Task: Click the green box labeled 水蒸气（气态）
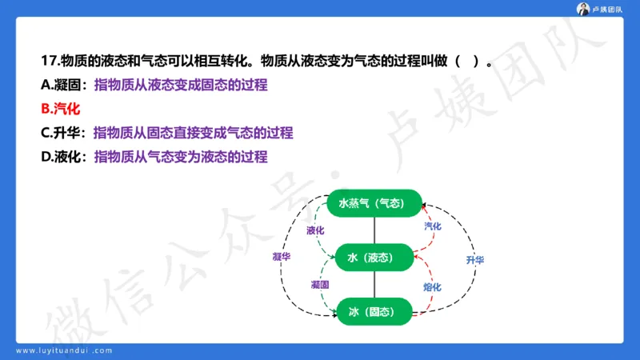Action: pos(374,204)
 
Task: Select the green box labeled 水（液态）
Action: pos(374,258)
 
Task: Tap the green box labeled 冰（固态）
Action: pos(374,311)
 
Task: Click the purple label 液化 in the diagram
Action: pos(315,230)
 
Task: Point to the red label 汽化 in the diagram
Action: pos(432,226)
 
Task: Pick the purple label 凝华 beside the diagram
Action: pos(281,257)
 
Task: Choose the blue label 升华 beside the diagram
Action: pos(474,260)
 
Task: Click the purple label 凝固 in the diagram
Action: pos(320,285)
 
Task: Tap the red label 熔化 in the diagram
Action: pos(432,286)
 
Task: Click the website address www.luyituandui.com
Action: pos(75,350)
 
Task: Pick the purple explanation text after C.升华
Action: pos(193,133)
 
